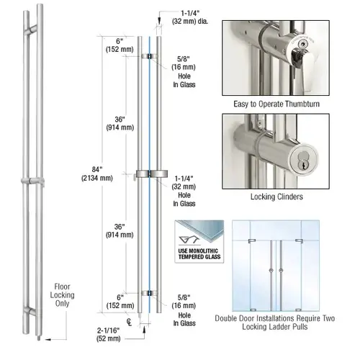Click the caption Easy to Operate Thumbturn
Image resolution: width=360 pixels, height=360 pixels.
pos(276,104)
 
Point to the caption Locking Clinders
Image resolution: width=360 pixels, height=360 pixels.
pos(276,196)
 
